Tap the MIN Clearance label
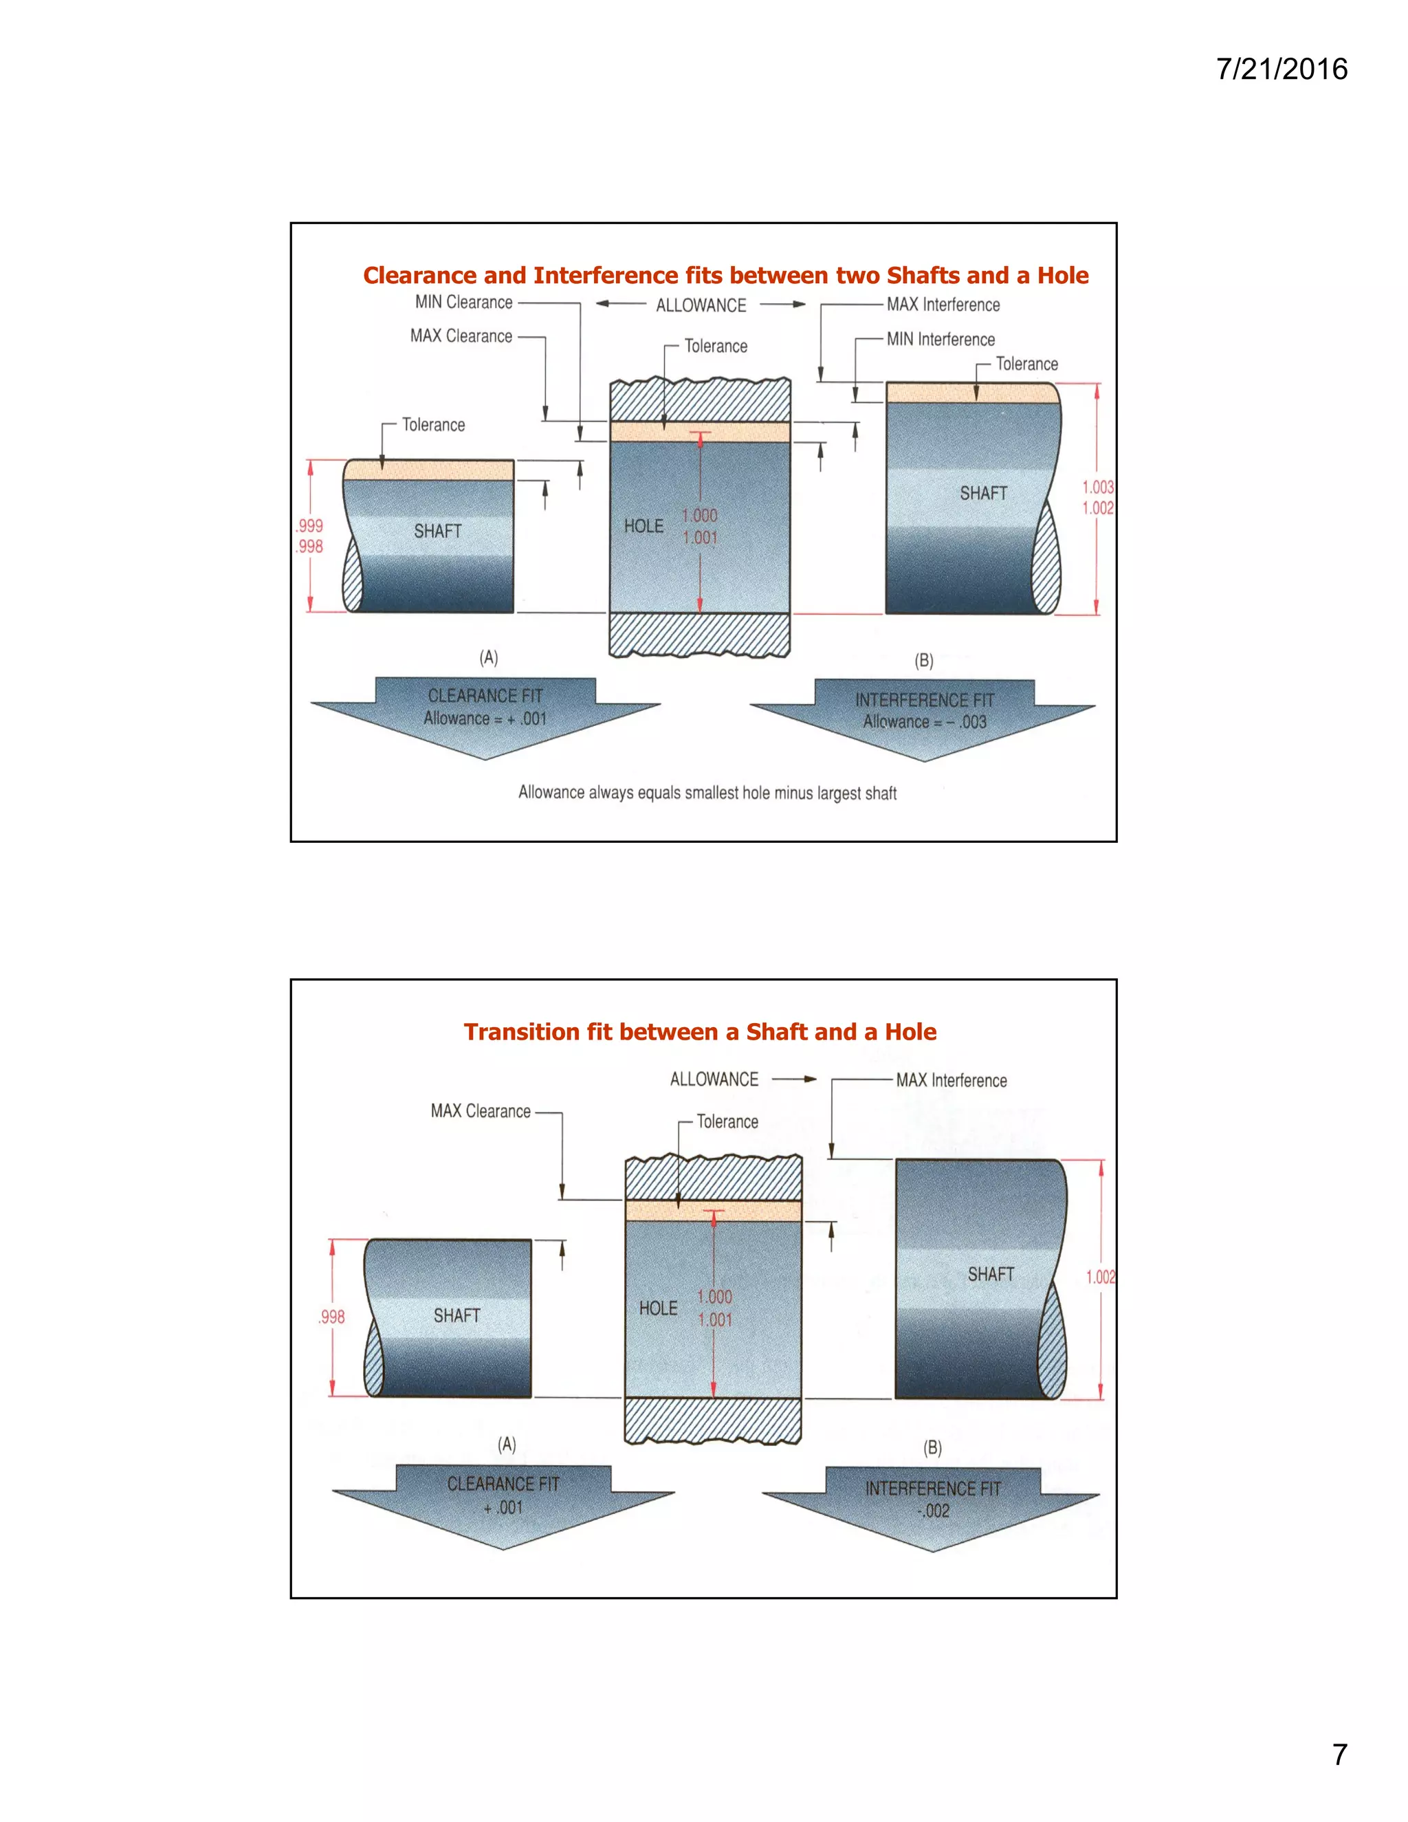464,302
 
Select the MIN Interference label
940,340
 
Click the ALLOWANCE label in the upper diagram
701,305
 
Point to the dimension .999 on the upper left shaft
309,525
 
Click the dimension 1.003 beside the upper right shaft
1098,487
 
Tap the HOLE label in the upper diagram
644,527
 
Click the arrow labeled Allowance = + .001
485,713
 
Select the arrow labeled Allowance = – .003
924,716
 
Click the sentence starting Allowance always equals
707,793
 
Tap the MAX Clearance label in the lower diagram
481,1111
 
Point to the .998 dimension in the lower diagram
331,1317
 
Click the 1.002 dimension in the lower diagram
1100,1276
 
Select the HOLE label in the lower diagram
658,1308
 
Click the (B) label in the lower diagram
932,1448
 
